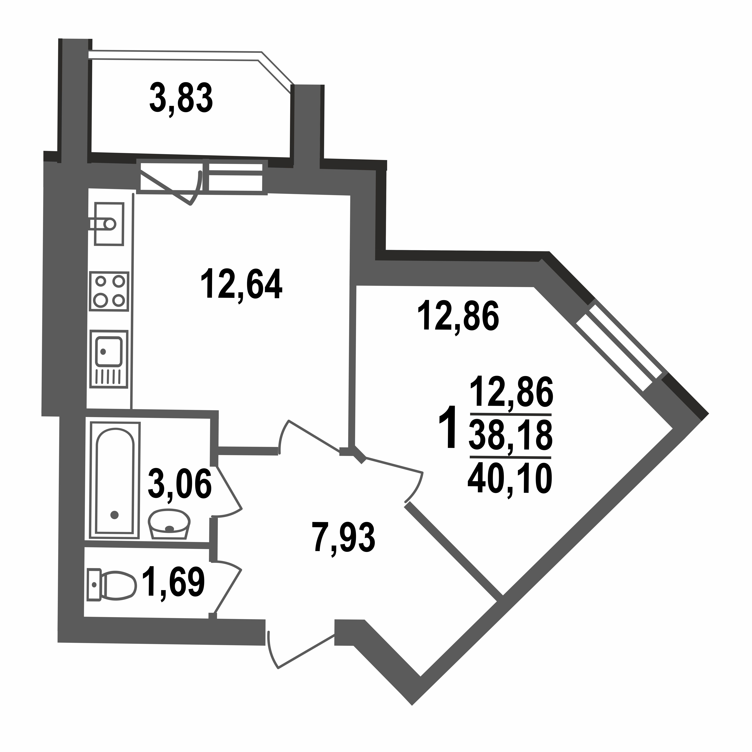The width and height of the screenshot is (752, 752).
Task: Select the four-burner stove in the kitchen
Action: (109, 291)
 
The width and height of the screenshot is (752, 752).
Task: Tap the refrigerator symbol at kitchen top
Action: (109, 224)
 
